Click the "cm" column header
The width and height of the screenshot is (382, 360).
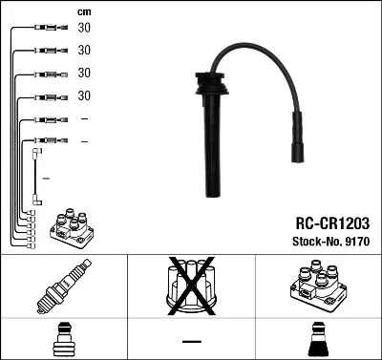(84, 11)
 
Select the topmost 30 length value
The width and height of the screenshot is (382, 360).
(84, 29)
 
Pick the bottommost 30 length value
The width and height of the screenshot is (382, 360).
(84, 96)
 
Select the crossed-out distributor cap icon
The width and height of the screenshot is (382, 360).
(191, 286)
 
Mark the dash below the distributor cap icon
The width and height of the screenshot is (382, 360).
(191, 341)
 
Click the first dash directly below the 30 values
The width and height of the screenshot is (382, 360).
(84, 119)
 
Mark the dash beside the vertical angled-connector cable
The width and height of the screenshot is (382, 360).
(45, 179)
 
